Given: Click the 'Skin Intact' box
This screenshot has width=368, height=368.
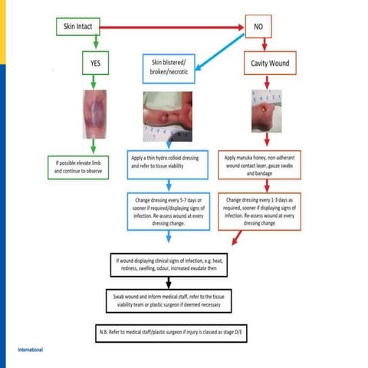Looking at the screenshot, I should pos(79,26).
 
